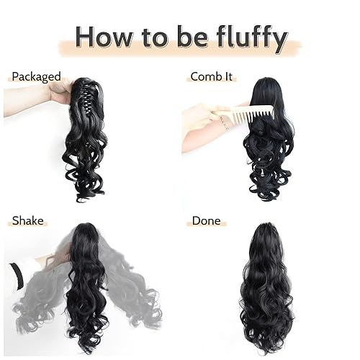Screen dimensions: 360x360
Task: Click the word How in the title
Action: tap(107, 35)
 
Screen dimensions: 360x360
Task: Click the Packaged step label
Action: tap(36, 76)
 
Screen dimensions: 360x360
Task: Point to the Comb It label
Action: tap(215, 76)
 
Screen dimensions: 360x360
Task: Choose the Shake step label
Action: tap(27, 220)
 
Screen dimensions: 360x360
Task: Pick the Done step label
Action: tap(206, 220)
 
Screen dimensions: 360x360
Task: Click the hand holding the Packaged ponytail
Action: tap(59, 91)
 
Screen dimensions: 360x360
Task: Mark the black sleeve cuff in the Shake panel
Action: tap(16, 276)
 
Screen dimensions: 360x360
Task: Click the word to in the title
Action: tap(151, 35)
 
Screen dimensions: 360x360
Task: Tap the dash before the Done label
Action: tap(188, 221)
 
